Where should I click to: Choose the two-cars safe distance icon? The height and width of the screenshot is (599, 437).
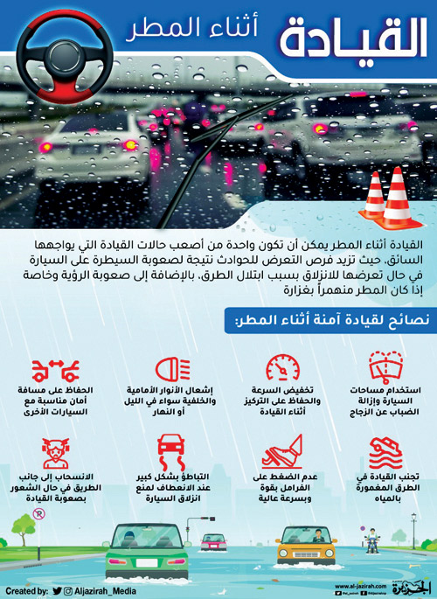(x=51, y=367)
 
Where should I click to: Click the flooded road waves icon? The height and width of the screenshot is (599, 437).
(x=386, y=451)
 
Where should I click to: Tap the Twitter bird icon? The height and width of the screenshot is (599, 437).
(x=57, y=591)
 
